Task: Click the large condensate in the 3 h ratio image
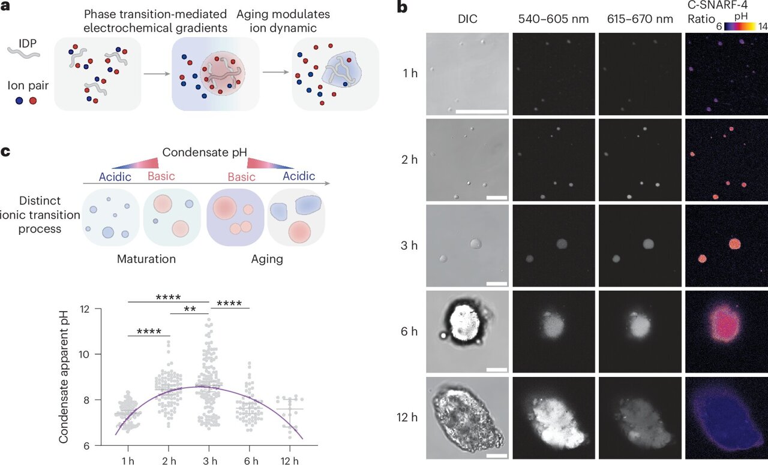pos(734,243)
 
